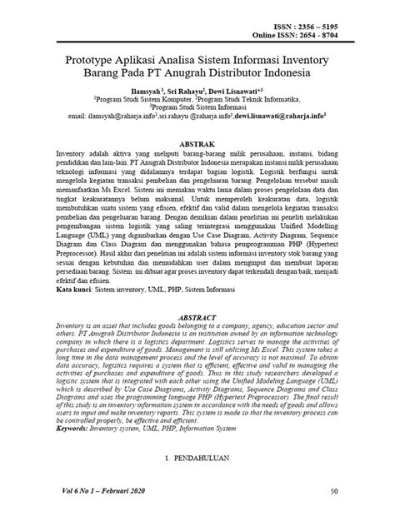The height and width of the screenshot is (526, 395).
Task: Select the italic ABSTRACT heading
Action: [x=197, y=318]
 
